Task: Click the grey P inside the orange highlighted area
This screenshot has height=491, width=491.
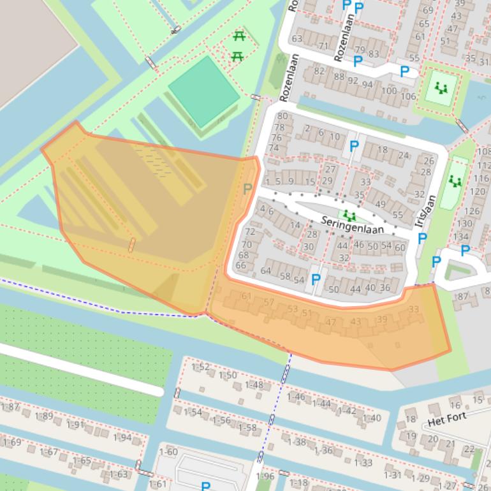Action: tap(247, 189)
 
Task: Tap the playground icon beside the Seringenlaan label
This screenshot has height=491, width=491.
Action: tap(348, 215)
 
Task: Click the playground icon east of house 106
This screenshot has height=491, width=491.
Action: tap(440, 88)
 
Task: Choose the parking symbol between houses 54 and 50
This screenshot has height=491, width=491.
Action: tap(315, 279)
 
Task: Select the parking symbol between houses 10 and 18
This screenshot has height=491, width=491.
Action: tap(354, 146)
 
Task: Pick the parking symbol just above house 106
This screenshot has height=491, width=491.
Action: tap(404, 71)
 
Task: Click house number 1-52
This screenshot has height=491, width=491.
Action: tap(200, 367)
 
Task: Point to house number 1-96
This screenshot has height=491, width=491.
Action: tap(265, 476)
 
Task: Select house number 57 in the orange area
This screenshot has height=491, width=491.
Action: tap(269, 302)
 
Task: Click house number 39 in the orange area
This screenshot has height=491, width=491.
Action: tap(382, 319)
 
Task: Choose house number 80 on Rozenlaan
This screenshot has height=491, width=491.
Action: tap(282, 116)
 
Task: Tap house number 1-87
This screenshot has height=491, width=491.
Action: tap(10, 407)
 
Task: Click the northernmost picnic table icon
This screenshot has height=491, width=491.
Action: tap(239, 37)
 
